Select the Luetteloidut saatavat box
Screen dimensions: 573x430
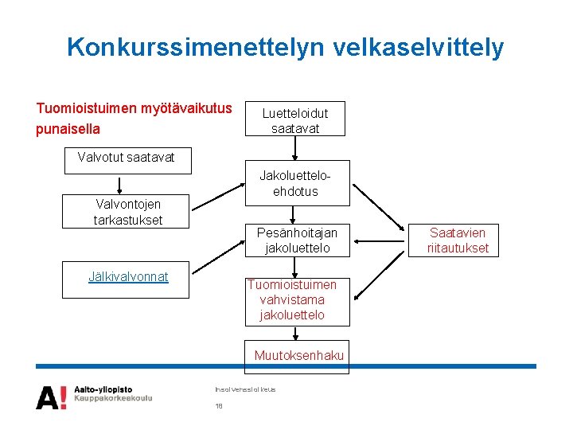point(294,120)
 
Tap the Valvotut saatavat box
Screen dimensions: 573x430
point(126,157)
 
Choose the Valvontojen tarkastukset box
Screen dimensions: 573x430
point(127,212)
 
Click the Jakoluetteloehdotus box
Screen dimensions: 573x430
point(295,183)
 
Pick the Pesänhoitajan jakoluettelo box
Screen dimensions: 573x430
point(296,240)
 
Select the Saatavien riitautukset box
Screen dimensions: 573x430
point(458,240)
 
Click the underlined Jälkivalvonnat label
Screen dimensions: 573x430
point(128,277)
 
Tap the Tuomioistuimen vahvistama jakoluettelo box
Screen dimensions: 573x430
point(292,300)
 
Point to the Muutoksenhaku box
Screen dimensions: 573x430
point(298,356)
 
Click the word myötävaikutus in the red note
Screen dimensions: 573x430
point(186,108)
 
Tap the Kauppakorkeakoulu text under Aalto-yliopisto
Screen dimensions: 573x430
point(113,398)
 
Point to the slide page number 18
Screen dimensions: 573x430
point(219,406)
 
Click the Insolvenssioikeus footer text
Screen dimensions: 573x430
point(245,389)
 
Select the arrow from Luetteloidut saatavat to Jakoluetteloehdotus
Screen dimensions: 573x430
point(295,148)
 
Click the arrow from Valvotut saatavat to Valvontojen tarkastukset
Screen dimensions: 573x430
point(119,185)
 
